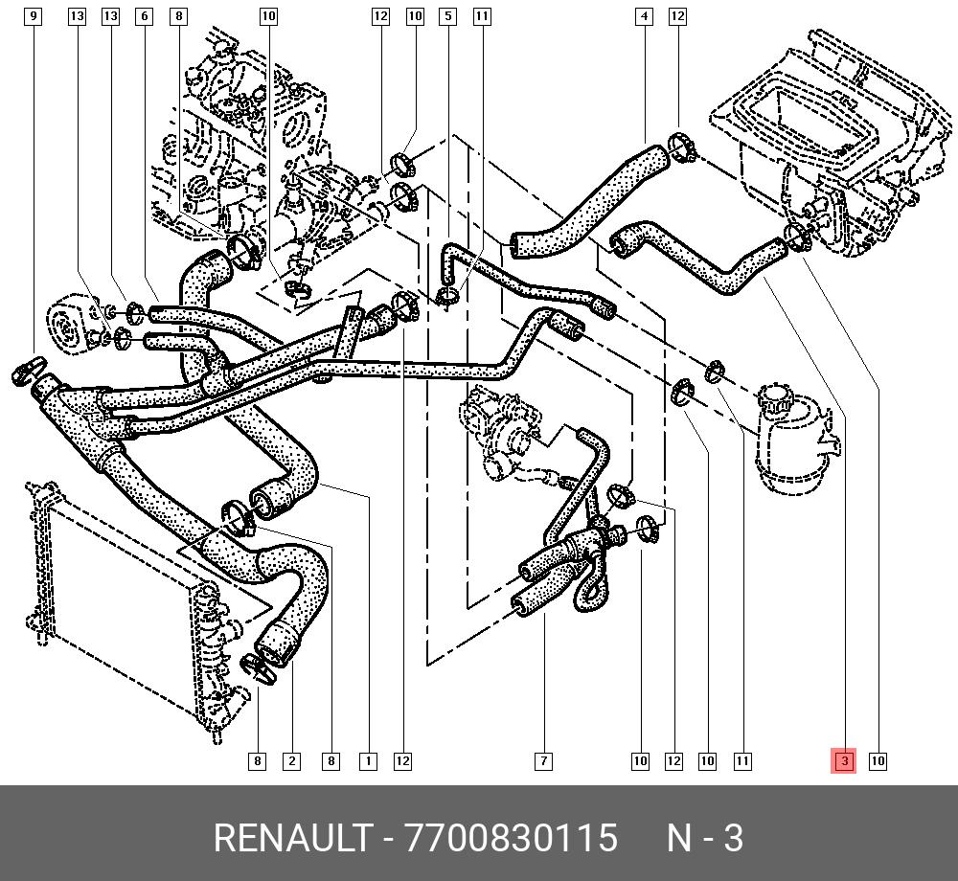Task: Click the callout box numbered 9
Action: [33, 16]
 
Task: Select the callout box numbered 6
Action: [145, 16]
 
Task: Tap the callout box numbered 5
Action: [447, 16]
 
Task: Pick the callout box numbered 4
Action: [644, 16]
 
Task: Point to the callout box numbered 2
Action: [291, 760]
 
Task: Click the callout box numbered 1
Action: [368, 760]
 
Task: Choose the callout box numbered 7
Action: [543, 760]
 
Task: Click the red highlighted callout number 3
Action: [844, 760]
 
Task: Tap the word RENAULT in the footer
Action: [293, 838]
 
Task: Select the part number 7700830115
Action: [511, 838]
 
